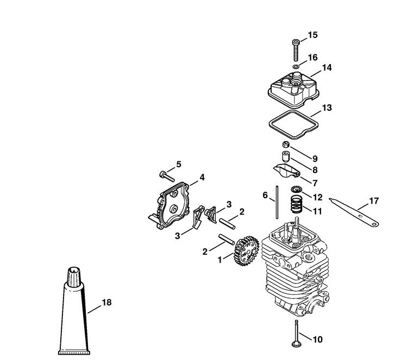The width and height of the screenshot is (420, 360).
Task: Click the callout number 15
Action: (312, 35)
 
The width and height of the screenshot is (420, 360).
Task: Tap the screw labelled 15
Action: (296, 50)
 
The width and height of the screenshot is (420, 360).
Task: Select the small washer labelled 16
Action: (296, 66)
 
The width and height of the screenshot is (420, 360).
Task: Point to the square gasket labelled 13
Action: (293, 125)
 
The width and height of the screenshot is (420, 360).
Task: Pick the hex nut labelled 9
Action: (286, 144)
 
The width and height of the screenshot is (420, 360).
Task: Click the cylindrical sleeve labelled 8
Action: (286, 156)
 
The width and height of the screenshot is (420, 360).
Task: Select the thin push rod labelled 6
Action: (277, 202)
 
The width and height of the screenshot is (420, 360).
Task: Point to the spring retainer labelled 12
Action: (296, 190)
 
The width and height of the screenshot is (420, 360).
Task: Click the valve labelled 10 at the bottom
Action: (296, 333)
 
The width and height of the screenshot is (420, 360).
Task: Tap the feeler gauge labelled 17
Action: (354, 212)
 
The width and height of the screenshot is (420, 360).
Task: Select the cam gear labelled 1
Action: (247, 251)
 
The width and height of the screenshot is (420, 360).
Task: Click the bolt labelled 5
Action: (167, 176)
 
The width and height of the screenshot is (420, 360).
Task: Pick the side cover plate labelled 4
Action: (170, 205)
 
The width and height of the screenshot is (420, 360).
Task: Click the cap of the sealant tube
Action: (74, 277)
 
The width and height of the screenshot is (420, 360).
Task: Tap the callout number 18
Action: (106, 302)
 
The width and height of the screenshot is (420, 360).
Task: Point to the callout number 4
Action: (202, 177)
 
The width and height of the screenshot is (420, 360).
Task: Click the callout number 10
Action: (317, 339)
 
